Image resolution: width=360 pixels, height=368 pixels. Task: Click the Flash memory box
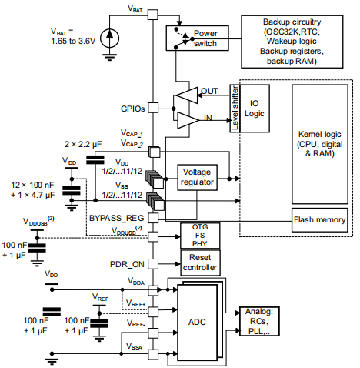click(x=320, y=219)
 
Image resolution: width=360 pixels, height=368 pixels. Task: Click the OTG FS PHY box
click(x=199, y=235)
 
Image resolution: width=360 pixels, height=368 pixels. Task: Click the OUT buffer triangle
click(x=186, y=95)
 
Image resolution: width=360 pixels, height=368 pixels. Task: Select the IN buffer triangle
click(x=186, y=119)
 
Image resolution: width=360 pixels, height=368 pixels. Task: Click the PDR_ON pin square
click(x=153, y=263)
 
